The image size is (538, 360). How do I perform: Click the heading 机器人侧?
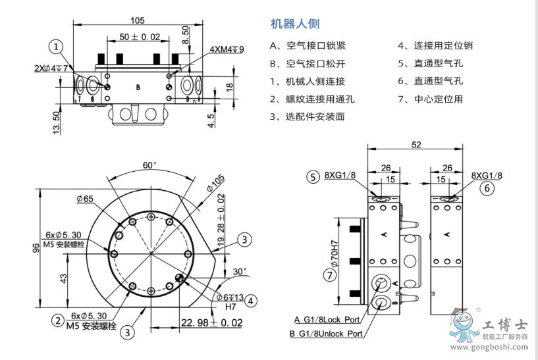[296, 24]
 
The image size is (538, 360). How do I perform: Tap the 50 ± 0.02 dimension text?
[140, 37]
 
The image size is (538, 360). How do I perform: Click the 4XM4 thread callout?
[227, 50]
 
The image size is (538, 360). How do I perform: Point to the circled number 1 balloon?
[58, 46]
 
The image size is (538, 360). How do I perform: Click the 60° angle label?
[150, 165]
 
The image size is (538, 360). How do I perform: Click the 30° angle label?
[239, 271]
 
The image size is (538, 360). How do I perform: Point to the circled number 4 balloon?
[251, 300]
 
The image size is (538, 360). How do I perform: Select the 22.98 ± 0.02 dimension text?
[211, 322]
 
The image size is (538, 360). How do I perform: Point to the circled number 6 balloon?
[487, 188]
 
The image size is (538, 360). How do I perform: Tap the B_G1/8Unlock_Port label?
[327, 334]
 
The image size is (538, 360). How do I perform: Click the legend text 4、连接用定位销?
[435, 46]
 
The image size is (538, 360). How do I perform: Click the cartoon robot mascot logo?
[464, 324]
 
